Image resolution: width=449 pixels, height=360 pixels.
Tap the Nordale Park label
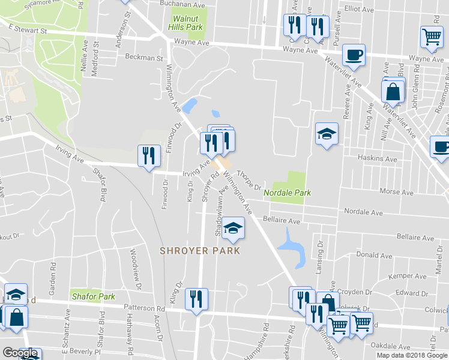point(287,193)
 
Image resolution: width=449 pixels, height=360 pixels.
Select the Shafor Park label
point(93,296)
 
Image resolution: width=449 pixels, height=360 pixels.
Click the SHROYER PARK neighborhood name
point(200,250)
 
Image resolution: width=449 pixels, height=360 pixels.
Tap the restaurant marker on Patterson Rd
point(196,299)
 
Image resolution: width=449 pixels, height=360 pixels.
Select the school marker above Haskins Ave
point(327,134)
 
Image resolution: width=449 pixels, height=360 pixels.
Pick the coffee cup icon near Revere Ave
point(354,55)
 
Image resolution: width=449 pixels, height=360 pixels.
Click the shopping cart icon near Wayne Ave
point(432,37)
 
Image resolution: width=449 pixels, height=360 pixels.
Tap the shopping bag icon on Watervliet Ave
point(393,92)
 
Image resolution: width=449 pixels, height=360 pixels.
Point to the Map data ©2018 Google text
point(412,355)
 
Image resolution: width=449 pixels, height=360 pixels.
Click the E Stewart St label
point(28,29)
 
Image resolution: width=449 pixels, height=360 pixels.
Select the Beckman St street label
point(144,58)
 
